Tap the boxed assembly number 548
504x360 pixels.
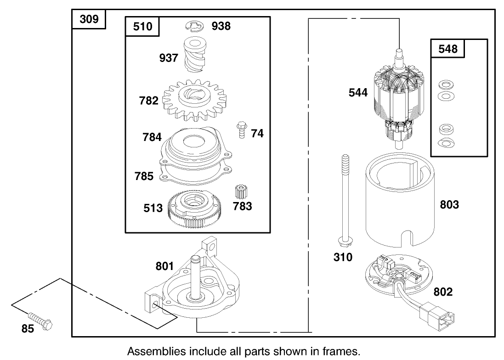(447, 48)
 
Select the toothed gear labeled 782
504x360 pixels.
(193, 100)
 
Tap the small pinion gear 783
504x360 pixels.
(238, 192)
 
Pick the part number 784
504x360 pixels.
(152, 137)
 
